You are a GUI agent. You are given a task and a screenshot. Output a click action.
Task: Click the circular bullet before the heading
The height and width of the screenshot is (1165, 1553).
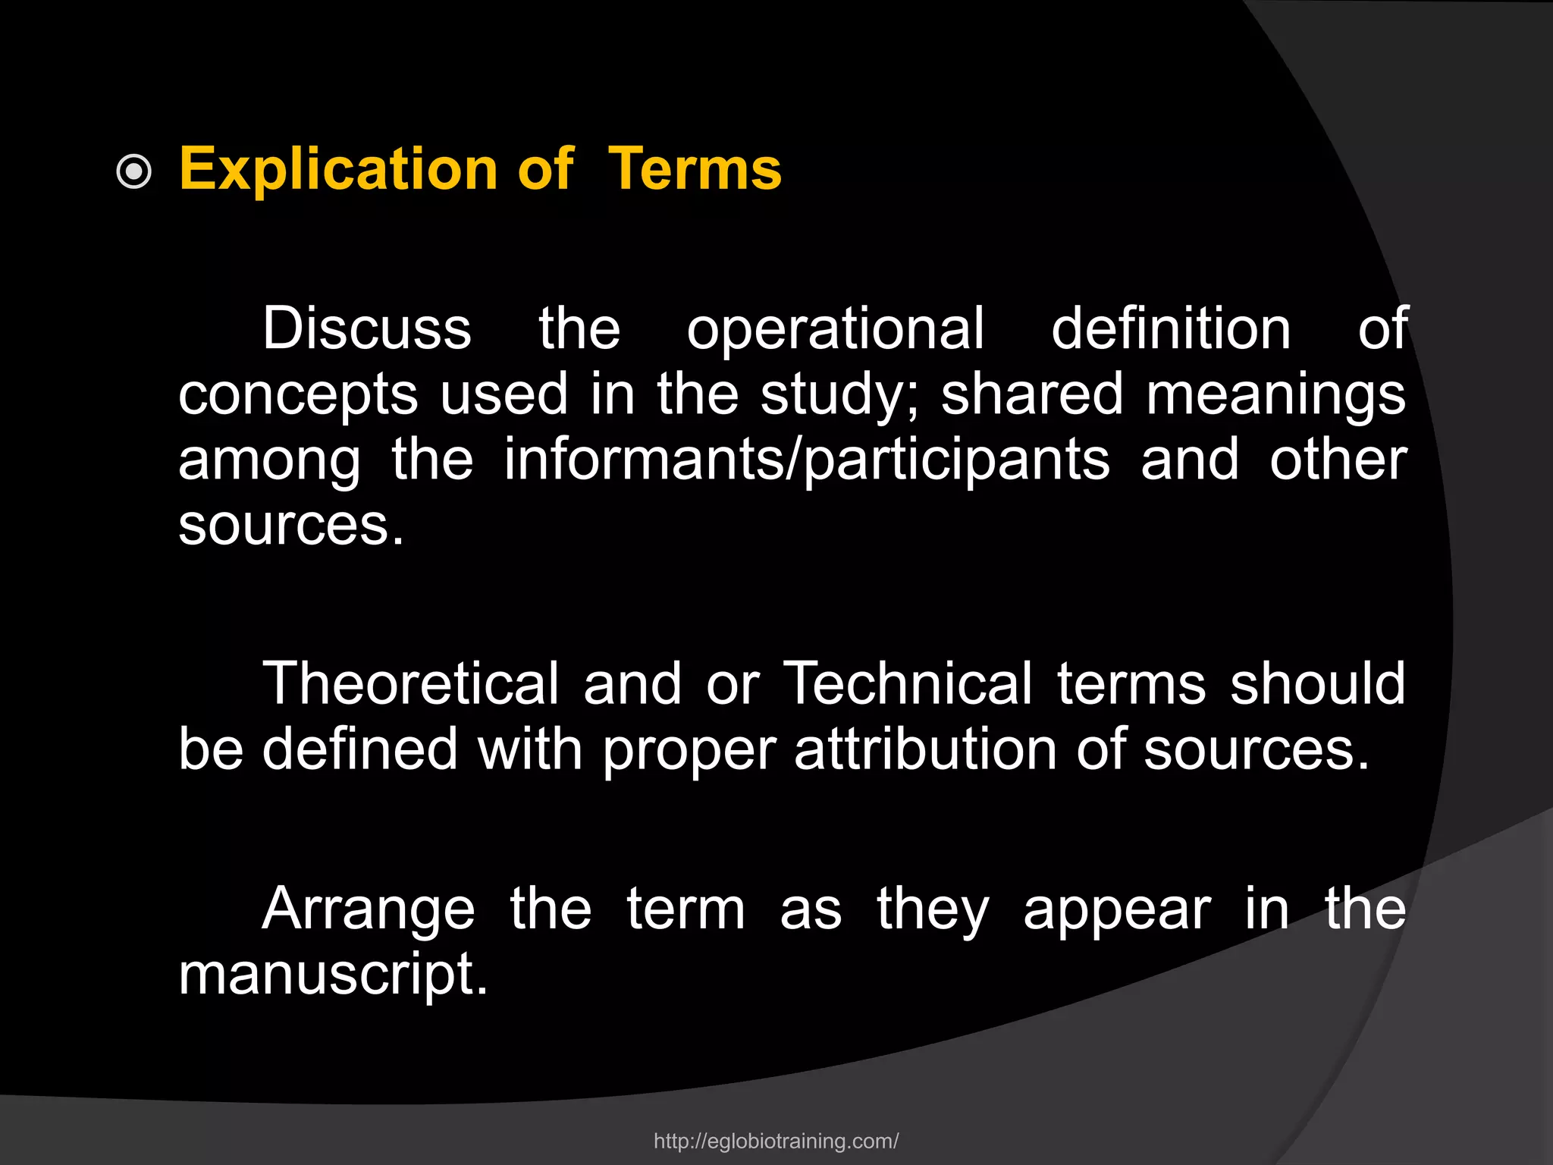point(134,172)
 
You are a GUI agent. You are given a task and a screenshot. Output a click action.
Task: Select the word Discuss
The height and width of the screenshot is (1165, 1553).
point(367,328)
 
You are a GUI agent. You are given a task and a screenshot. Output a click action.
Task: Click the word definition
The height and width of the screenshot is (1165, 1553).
point(1171,328)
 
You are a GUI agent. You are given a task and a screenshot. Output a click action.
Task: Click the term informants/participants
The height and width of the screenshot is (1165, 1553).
point(806,461)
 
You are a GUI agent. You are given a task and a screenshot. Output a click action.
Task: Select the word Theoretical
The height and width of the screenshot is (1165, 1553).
point(410,683)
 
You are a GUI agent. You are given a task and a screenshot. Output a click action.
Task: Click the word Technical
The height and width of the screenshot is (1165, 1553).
point(908,683)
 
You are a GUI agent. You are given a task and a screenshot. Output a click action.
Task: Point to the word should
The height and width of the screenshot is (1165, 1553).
point(1318,683)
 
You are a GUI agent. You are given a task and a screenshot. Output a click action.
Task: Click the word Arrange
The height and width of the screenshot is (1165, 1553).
point(369,910)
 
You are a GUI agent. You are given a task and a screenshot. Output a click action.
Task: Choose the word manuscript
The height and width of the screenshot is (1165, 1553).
point(333,975)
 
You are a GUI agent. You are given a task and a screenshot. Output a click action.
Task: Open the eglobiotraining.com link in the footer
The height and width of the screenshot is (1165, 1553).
point(776,1141)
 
